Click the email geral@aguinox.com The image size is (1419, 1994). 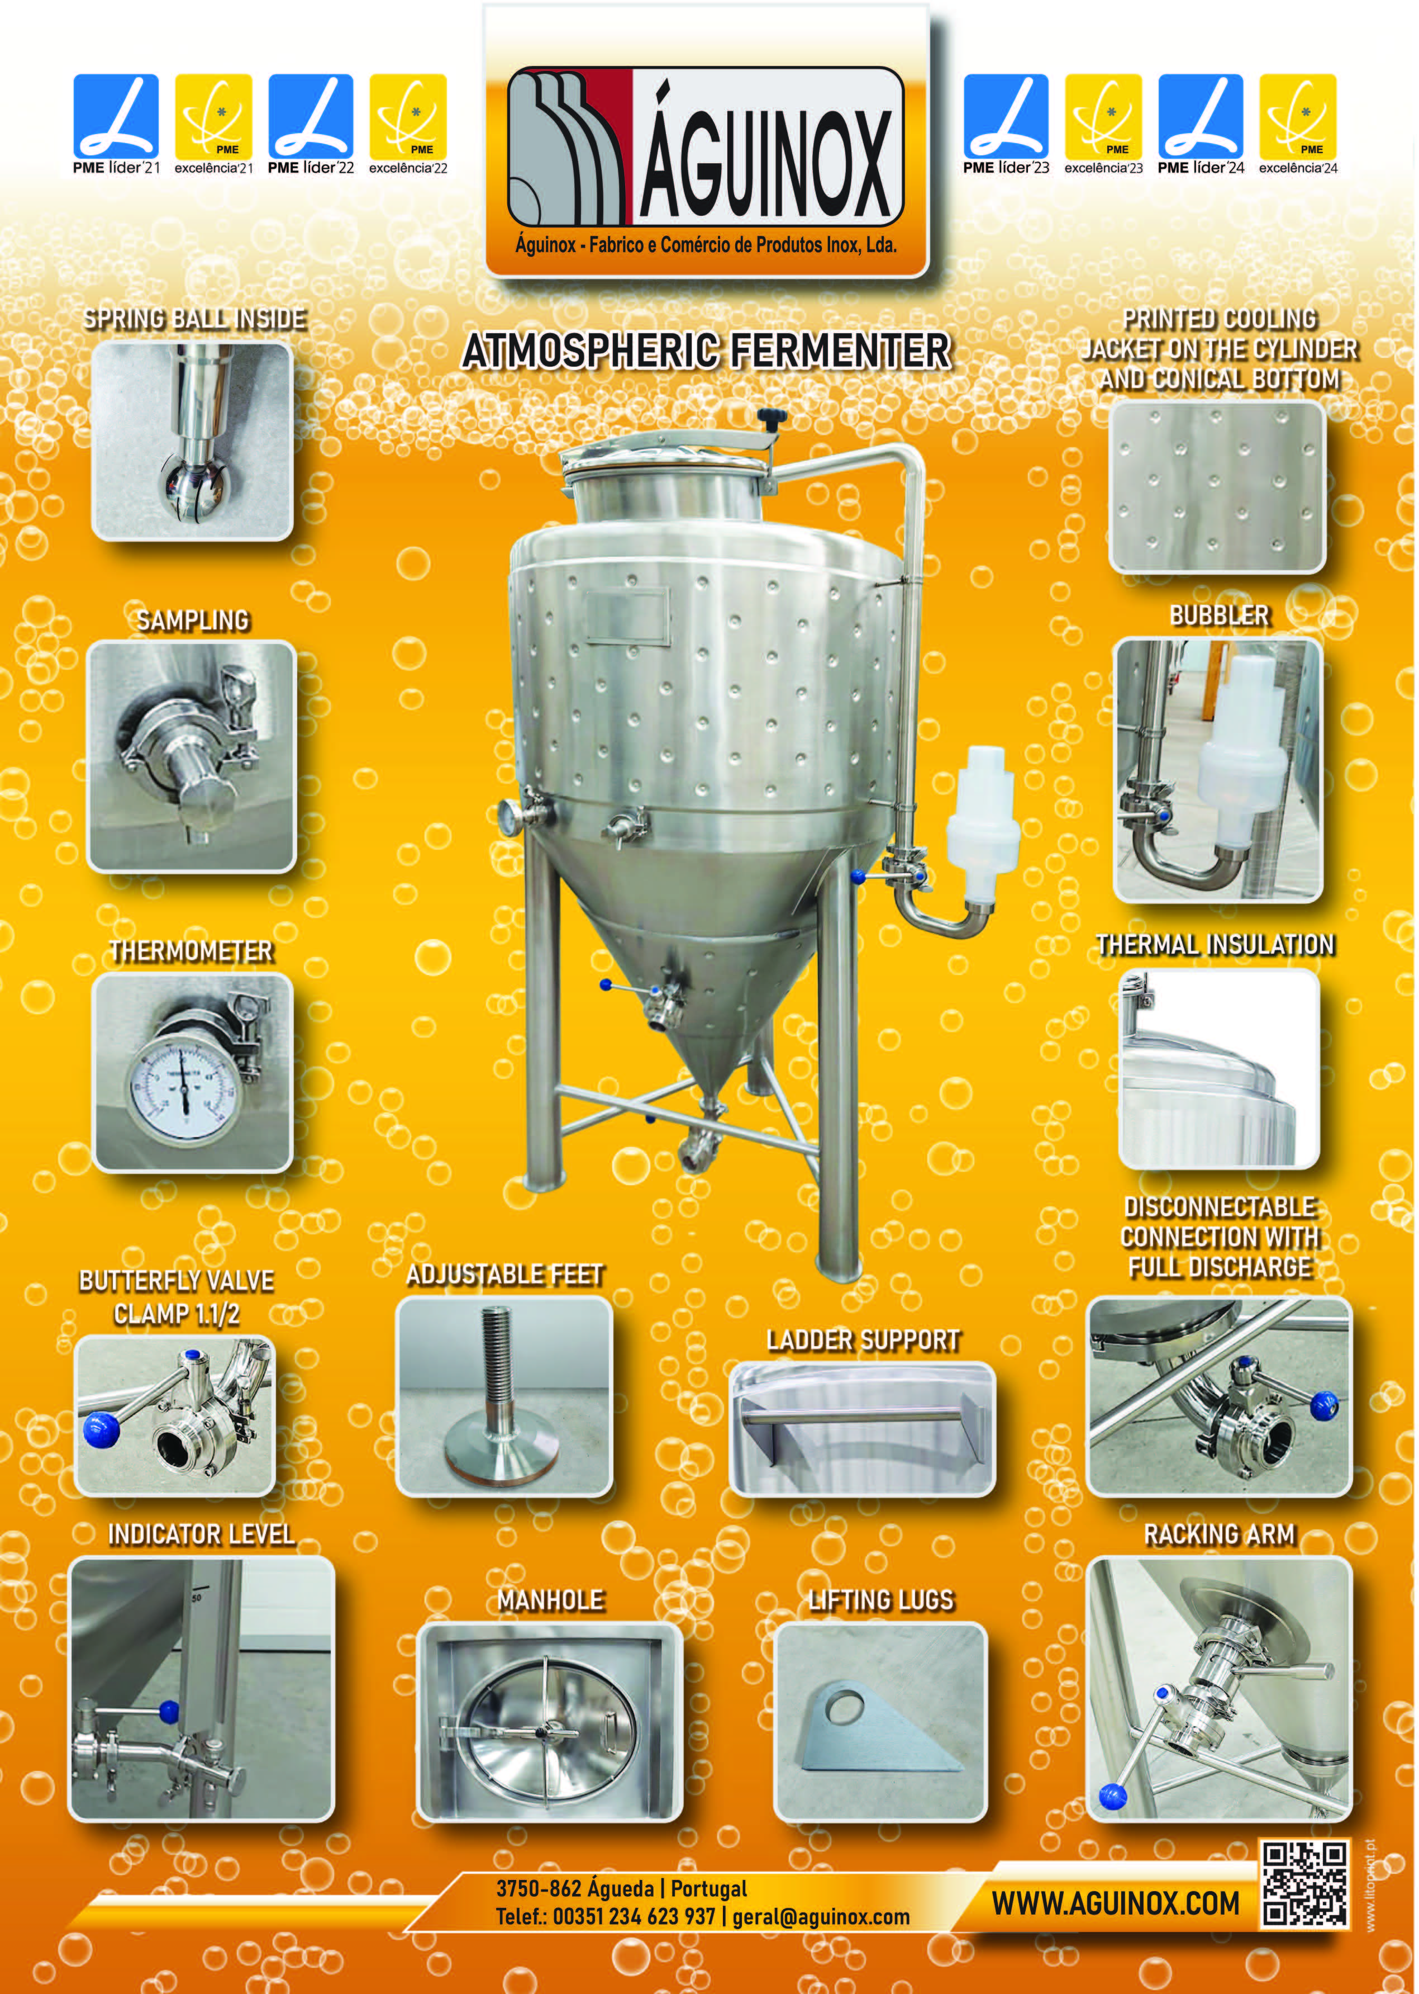point(821,1917)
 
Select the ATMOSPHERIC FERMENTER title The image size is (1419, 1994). point(706,352)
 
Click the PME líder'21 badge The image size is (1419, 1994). point(116,124)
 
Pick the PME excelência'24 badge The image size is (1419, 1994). point(1298,124)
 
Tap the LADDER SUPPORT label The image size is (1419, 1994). point(863,1340)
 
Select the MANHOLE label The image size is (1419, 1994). point(550,1600)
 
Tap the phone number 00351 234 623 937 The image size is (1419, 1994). point(634,1917)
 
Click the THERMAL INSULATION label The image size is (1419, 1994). point(1216,944)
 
